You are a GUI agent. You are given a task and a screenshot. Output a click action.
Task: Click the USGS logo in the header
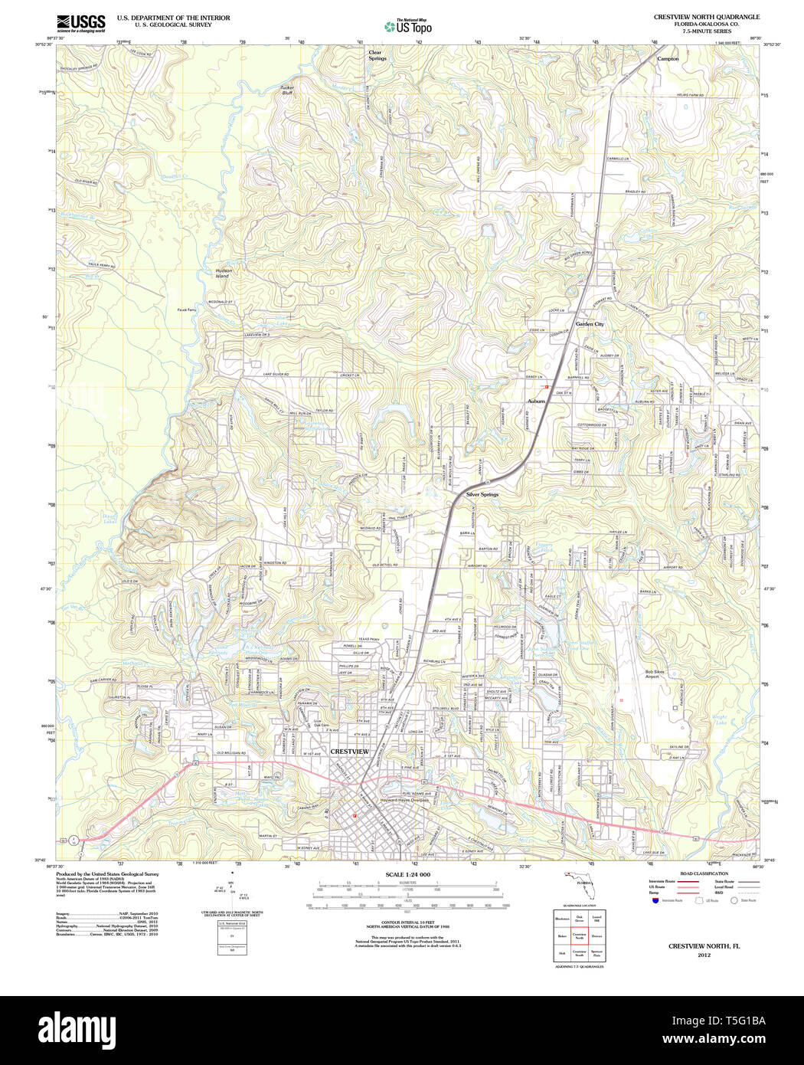click(x=80, y=22)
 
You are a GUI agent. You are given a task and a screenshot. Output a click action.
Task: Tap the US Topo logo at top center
click(x=408, y=26)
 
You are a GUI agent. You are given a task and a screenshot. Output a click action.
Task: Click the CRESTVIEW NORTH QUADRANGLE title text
click(x=706, y=17)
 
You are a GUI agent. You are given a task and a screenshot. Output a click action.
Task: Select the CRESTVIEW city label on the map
click(x=349, y=752)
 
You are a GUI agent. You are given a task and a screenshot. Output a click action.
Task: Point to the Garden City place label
click(x=590, y=324)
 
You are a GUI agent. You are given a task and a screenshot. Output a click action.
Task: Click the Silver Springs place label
click(x=482, y=494)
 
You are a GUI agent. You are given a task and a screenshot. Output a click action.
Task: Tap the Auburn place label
click(x=536, y=401)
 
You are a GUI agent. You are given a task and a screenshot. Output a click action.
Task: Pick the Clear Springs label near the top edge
click(x=377, y=55)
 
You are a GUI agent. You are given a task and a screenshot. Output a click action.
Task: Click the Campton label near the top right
click(x=668, y=58)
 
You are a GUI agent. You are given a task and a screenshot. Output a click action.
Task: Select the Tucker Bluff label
click(x=286, y=90)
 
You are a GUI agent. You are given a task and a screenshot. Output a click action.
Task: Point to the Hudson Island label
click(x=223, y=273)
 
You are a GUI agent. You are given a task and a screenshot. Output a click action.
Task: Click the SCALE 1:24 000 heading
click(x=407, y=874)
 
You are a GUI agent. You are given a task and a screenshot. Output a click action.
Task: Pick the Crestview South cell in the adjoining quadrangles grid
click(x=580, y=953)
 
